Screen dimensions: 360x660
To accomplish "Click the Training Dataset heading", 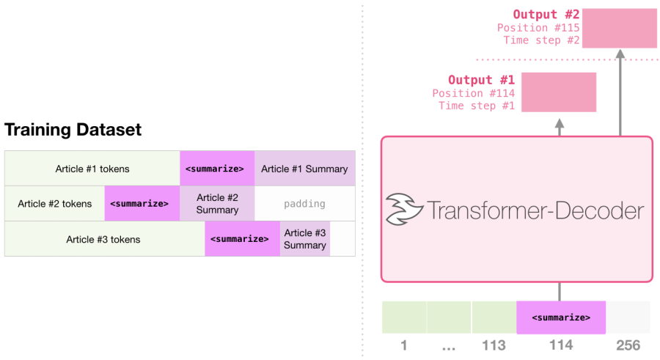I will coord(73,131).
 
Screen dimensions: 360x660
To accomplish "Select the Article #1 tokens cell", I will coord(92,169).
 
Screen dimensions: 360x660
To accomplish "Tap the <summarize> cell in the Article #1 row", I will coord(217,169).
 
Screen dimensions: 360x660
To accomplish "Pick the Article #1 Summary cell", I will coord(304,169).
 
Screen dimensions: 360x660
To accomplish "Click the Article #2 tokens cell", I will coord(55,204).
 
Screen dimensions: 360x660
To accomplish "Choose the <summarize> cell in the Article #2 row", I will coord(139,204).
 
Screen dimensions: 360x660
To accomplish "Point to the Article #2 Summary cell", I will coord(217,204).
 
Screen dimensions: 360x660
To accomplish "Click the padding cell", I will coord(304,204).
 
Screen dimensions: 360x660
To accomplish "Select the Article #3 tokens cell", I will coord(103,239).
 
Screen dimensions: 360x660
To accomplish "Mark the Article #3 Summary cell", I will coord(304,239).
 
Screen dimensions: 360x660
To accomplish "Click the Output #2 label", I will coord(546,15).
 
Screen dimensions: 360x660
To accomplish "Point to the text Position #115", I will coord(538,28).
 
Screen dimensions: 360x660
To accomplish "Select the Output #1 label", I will coord(481,80).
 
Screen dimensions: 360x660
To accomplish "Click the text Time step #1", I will coord(477,106).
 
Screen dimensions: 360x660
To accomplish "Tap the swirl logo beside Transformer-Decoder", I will coord(404,210).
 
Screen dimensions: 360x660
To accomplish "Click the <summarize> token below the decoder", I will coord(560,317).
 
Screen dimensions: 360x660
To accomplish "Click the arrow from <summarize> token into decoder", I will coord(560,291).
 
